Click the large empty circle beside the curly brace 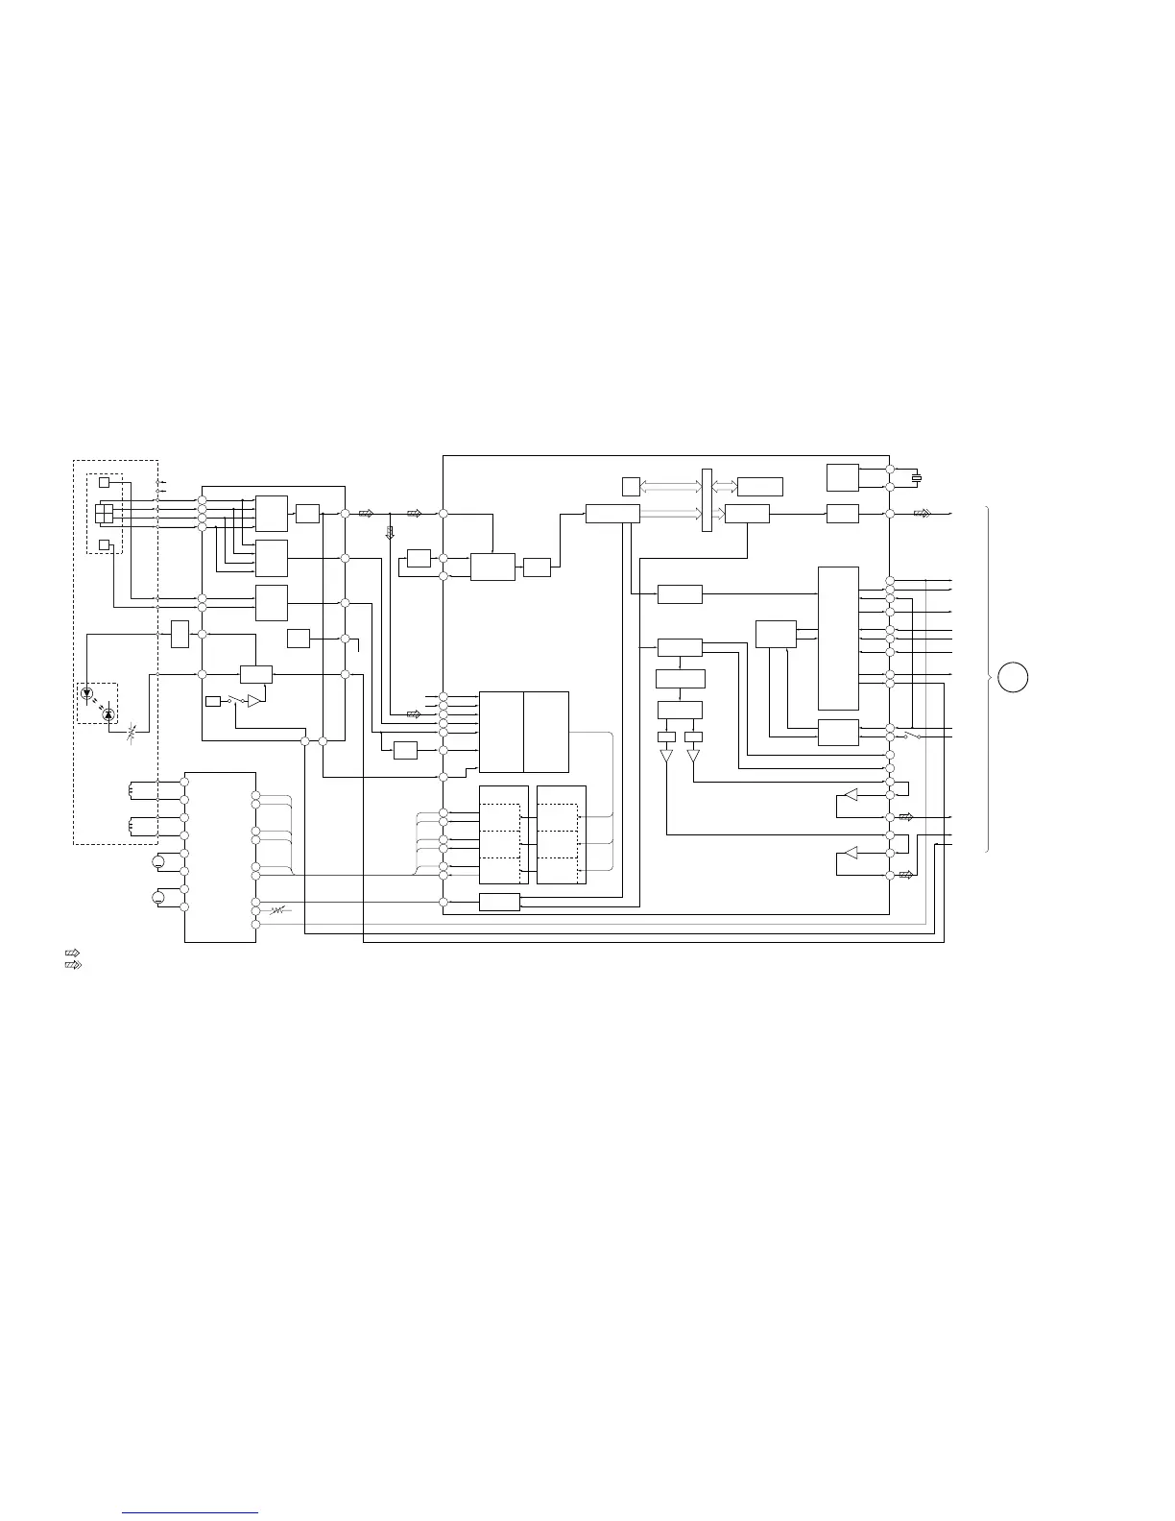(x=1012, y=677)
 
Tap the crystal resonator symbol (x=917, y=478)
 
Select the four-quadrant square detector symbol (x=105, y=514)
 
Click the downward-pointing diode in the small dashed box (x=87, y=692)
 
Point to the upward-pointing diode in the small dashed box (x=108, y=714)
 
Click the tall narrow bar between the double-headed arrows (x=707, y=499)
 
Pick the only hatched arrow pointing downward (x=390, y=533)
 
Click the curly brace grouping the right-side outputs (x=989, y=678)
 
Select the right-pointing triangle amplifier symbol (x=253, y=702)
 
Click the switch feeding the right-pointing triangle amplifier (x=236, y=701)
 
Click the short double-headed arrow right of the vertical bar (x=725, y=486)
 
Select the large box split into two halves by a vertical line (x=523, y=732)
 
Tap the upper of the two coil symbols (x=132, y=790)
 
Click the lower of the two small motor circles (x=159, y=898)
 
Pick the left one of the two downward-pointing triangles (x=666, y=758)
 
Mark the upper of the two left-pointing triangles (x=849, y=795)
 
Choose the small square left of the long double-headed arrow (x=630, y=485)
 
